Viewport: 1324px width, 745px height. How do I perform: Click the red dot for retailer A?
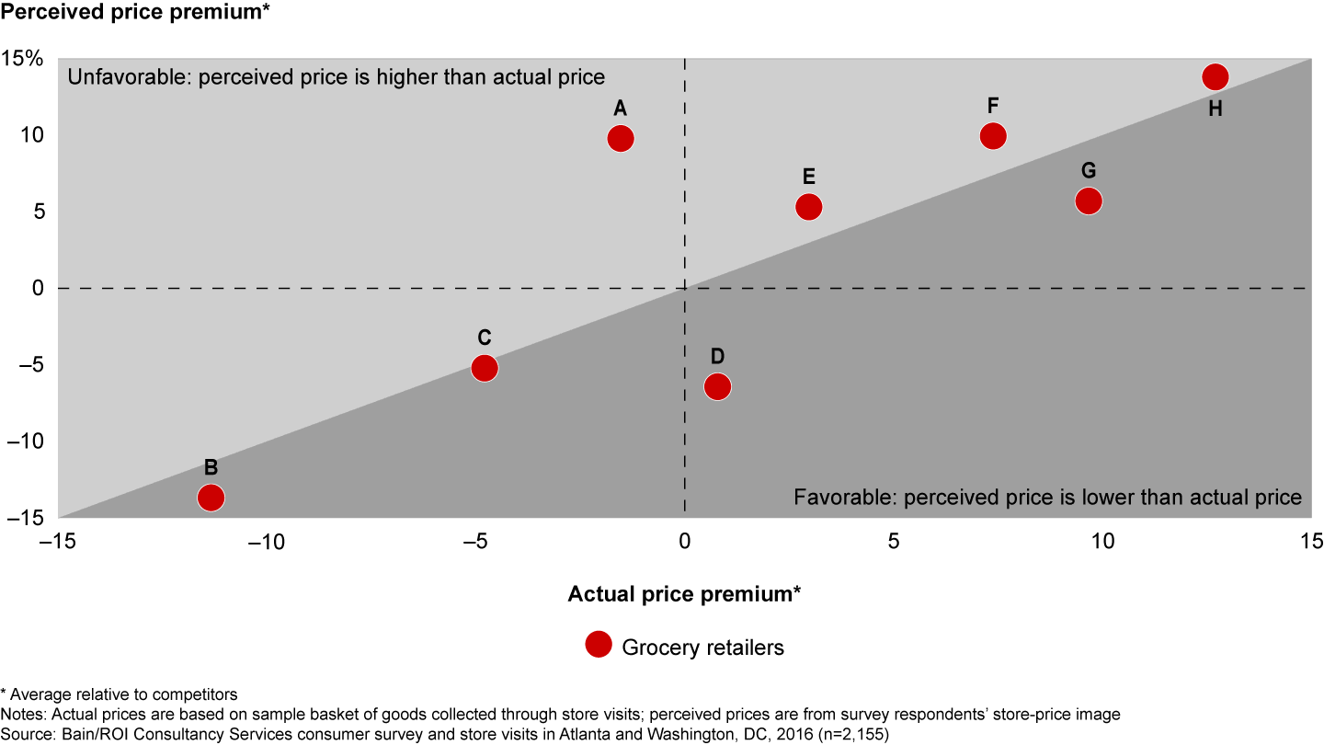[x=621, y=138]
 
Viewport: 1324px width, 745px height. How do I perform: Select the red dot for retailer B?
[x=211, y=498]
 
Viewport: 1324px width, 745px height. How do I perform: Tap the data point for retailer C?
[x=485, y=368]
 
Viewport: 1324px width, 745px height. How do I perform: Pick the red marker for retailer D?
[x=717, y=387]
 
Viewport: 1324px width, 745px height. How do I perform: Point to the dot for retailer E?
[x=808, y=207]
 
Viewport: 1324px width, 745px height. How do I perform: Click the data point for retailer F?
[x=993, y=136]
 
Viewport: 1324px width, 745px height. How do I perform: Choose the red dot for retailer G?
[x=1089, y=201]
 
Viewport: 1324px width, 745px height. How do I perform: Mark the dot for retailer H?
[x=1216, y=77]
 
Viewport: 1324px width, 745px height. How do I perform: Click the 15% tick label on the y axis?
[x=21, y=59]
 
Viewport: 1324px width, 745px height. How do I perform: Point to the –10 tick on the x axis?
[x=267, y=540]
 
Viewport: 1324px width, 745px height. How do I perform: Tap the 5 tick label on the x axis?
[x=893, y=540]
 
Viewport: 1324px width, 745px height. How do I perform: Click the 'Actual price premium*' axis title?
[x=684, y=593]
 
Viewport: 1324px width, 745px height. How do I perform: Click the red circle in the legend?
[x=599, y=646]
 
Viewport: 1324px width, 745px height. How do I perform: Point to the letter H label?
[x=1216, y=109]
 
